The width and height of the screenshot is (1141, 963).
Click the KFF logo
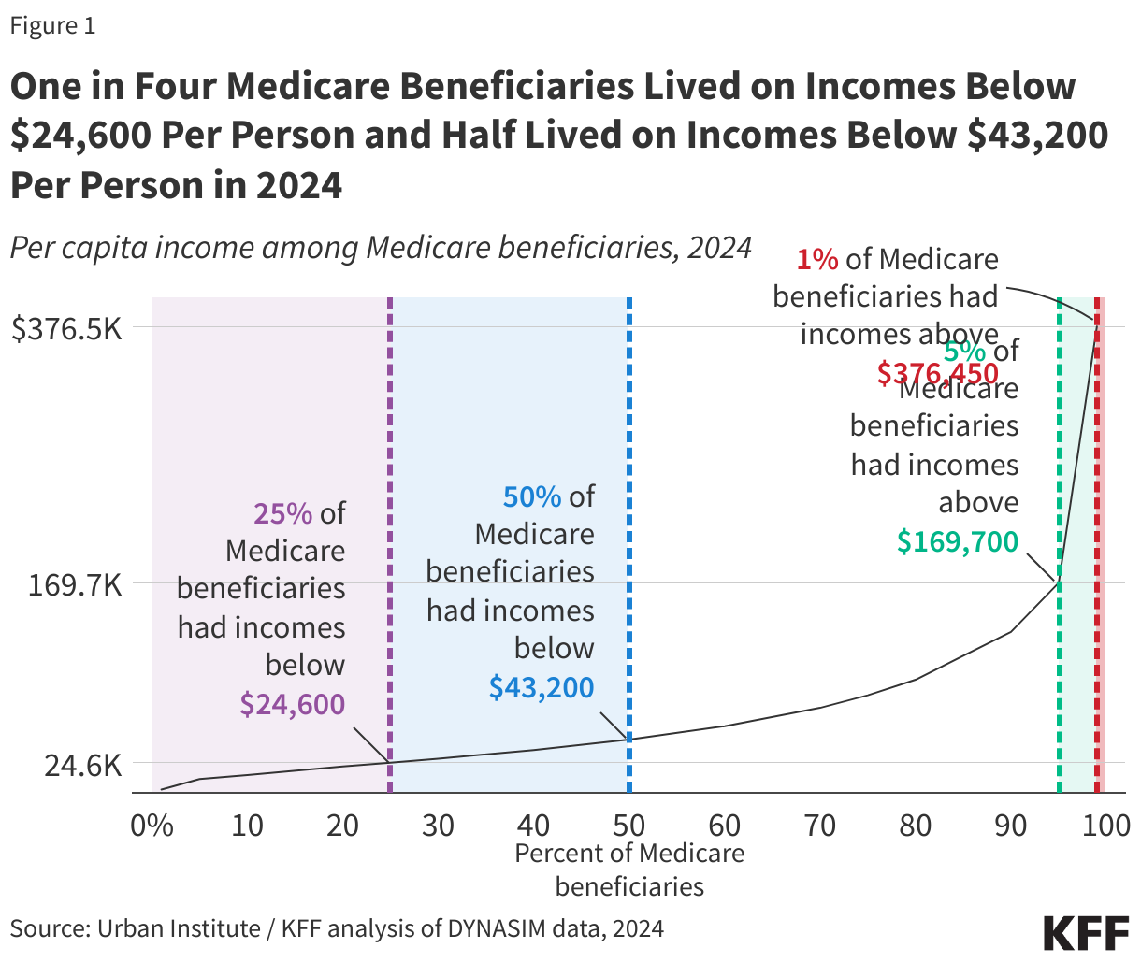click(x=1086, y=933)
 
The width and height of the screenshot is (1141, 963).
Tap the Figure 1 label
click(x=52, y=25)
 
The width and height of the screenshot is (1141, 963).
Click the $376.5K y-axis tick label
click(x=66, y=328)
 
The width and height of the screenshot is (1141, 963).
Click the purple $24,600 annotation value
click(x=293, y=704)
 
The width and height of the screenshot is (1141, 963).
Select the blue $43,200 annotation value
click(x=542, y=687)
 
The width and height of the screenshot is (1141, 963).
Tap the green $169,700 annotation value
click(x=958, y=540)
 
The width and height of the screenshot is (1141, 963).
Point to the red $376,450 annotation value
click(x=937, y=373)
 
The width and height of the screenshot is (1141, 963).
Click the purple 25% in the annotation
click(x=282, y=512)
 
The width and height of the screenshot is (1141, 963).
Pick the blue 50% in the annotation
click(x=532, y=496)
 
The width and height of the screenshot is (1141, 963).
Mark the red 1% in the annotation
click(x=817, y=259)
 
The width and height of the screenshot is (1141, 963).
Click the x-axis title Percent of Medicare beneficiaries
click(x=629, y=869)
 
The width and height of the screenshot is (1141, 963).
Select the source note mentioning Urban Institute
click(x=337, y=928)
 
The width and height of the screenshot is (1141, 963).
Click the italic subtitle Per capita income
click(x=381, y=247)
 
